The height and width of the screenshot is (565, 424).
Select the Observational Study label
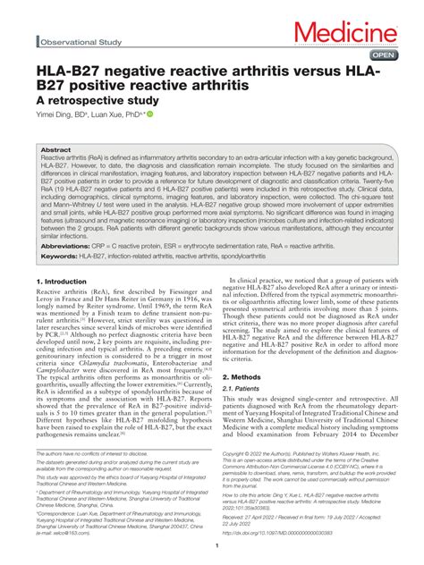pos(79,41)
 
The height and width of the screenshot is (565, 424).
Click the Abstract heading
pos(55,150)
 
